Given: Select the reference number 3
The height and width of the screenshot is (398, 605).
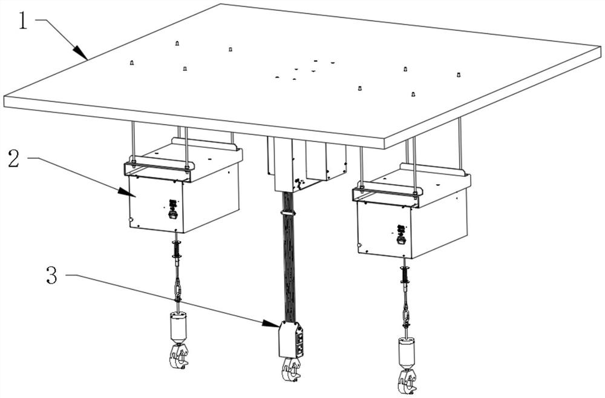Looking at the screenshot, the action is pyautogui.click(x=51, y=275).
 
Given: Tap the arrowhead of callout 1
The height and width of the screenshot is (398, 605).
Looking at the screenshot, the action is pyautogui.click(x=80, y=52).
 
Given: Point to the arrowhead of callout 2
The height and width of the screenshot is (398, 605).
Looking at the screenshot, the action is pyautogui.click(x=127, y=192).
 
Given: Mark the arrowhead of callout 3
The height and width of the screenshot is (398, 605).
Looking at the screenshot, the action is pyautogui.click(x=270, y=324).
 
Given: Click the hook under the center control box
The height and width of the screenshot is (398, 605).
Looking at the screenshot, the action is pyautogui.click(x=291, y=370).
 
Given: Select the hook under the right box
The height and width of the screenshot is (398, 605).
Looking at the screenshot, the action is pyautogui.click(x=408, y=382).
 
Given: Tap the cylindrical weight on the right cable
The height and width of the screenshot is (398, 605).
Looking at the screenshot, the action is pyautogui.click(x=407, y=353).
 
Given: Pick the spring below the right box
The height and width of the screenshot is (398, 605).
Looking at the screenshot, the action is pyautogui.click(x=405, y=275).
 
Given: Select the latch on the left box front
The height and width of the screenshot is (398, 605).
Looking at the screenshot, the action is pyautogui.click(x=173, y=209).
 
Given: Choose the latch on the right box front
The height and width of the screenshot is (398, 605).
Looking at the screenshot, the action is pyautogui.click(x=401, y=234).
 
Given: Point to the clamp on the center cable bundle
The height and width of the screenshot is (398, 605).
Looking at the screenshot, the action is pyautogui.click(x=287, y=213).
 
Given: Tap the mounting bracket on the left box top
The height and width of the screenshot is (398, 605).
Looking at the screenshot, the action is pyautogui.click(x=159, y=170).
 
